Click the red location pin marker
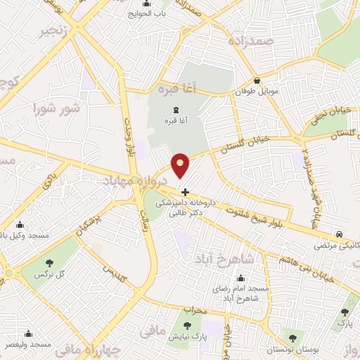(181, 166)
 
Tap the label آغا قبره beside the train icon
(176, 121)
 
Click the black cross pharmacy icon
(185, 191)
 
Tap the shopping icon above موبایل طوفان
(257, 80)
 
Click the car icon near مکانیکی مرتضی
(340, 234)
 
